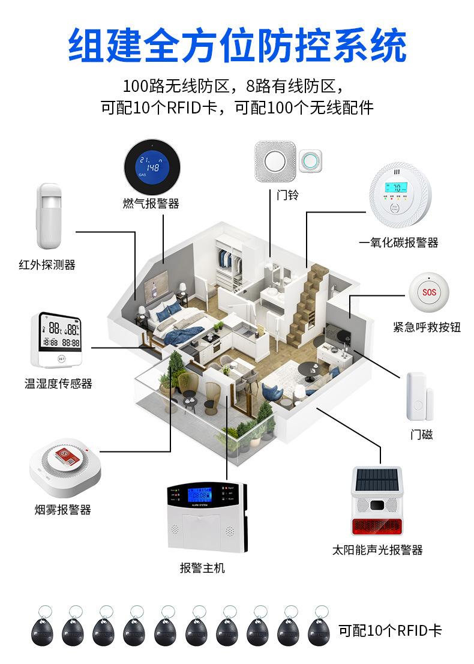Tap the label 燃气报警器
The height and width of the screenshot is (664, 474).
click(x=151, y=204)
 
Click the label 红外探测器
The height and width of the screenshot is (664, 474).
click(x=47, y=265)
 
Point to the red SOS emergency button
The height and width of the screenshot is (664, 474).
click(x=429, y=292)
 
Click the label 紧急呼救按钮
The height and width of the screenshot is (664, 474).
click(x=427, y=327)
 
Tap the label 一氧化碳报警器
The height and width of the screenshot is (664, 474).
click(x=398, y=243)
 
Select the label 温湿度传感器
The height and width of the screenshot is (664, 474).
click(x=59, y=384)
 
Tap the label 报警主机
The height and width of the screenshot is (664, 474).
click(x=203, y=567)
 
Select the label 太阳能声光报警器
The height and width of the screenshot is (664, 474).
click(x=377, y=550)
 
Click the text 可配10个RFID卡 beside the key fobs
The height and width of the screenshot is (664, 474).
click(x=390, y=630)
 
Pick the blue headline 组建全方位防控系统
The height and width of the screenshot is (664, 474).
click(x=237, y=46)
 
